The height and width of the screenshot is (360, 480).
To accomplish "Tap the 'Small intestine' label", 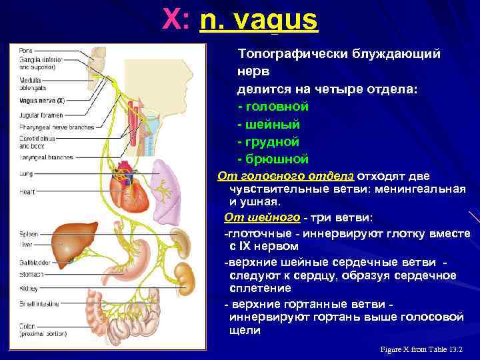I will click(x=37, y=303).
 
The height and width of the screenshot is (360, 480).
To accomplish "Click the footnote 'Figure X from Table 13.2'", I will click(x=421, y=349).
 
